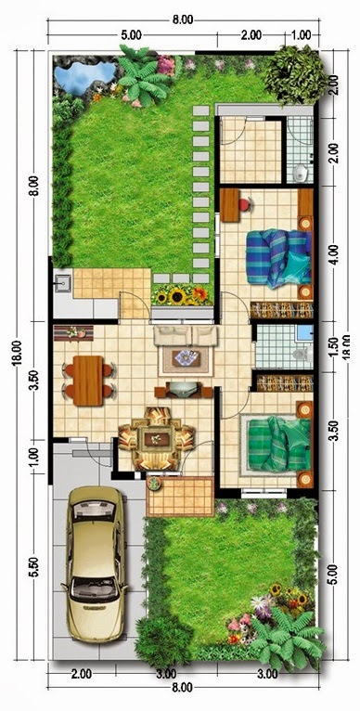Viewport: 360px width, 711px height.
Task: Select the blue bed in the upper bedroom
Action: (276, 255)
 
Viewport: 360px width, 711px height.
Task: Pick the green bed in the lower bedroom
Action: (275, 444)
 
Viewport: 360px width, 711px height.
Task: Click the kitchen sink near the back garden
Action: (65, 280)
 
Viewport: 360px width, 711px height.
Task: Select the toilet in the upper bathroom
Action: (299, 172)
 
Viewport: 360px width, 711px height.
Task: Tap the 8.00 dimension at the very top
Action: (182, 19)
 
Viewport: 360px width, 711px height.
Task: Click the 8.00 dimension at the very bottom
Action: (182, 687)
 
